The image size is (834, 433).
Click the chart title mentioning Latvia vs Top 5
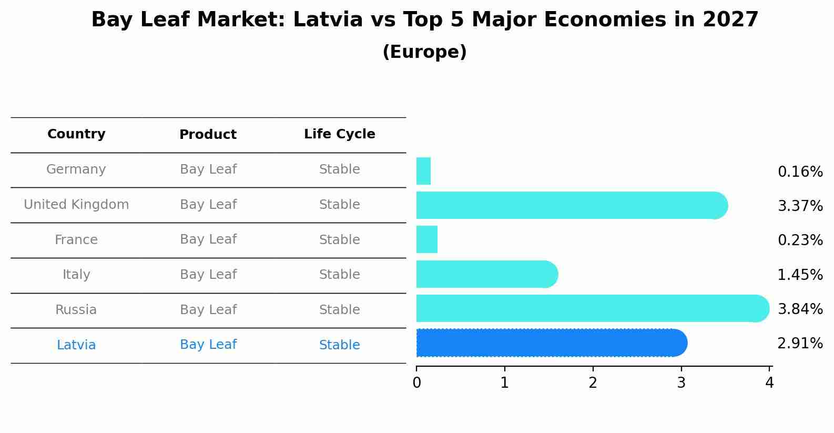coord(424,20)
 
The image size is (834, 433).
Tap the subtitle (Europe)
coord(424,52)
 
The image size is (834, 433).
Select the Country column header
coord(76,134)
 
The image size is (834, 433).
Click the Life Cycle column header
coord(339,134)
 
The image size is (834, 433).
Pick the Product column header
coord(208,135)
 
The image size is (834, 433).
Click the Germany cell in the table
coord(76,169)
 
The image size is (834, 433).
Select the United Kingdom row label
coord(76,205)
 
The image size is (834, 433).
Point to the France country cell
coord(76,240)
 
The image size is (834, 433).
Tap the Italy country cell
coord(76,275)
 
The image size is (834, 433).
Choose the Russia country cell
coord(76,310)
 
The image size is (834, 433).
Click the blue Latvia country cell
coord(76,345)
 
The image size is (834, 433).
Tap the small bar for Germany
coord(423,171)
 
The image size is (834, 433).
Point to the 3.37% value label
coord(800,206)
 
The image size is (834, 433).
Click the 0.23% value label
coord(800,240)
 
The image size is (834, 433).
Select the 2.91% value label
coord(800,344)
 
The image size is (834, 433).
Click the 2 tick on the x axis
coord(593,383)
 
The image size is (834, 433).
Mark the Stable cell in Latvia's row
coord(339,345)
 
